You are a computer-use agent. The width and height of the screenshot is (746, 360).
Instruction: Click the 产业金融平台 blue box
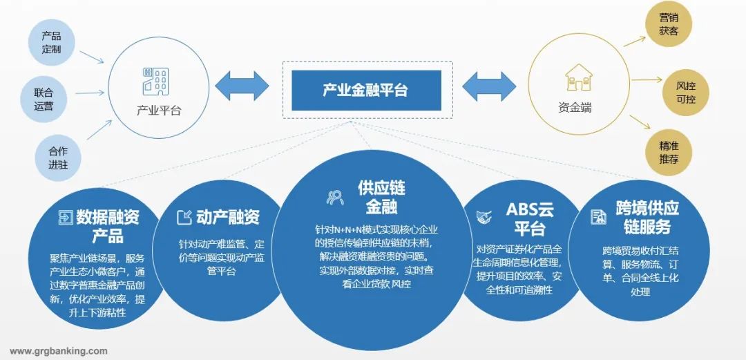point(365,90)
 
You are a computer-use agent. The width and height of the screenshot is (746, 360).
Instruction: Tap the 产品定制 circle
point(51,42)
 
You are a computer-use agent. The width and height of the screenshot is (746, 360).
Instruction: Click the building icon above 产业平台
point(154,80)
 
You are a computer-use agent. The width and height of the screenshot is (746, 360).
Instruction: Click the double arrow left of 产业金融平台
point(242,86)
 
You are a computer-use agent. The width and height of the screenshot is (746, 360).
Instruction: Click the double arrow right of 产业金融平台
point(489,86)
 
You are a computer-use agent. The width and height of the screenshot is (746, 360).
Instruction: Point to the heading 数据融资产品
point(107,226)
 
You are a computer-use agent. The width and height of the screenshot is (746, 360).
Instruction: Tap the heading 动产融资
point(228,217)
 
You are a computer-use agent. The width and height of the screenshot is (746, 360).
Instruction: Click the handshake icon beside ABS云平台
point(484,217)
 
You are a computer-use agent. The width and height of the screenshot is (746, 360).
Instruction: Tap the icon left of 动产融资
point(184,218)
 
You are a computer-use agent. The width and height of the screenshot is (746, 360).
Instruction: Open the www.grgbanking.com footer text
point(59,351)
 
